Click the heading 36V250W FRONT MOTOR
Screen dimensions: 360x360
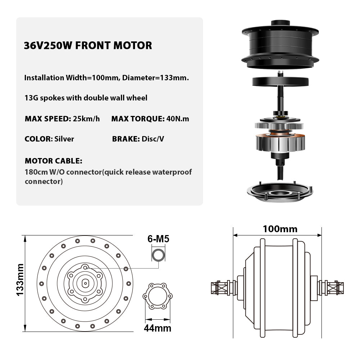tap(88, 45)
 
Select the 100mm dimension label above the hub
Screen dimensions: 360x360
tap(280, 229)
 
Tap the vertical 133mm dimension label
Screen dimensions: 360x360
tap(20, 280)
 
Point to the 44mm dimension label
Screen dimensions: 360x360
tap(158, 328)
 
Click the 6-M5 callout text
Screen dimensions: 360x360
tap(158, 239)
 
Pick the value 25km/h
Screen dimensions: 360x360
tap(86, 119)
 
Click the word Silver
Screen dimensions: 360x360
tap(64, 139)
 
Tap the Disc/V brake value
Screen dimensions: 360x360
tap(153, 139)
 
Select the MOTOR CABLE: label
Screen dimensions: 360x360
tap(54, 161)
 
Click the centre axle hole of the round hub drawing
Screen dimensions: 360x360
tap(85, 283)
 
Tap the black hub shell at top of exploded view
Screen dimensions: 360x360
tap(280, 45)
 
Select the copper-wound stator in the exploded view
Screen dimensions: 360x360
tap(280, 142)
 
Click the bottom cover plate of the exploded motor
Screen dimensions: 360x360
tap(280, 192)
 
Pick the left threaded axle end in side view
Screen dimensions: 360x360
tap(221, 288)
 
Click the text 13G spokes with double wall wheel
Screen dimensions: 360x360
tap(86, 98)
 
